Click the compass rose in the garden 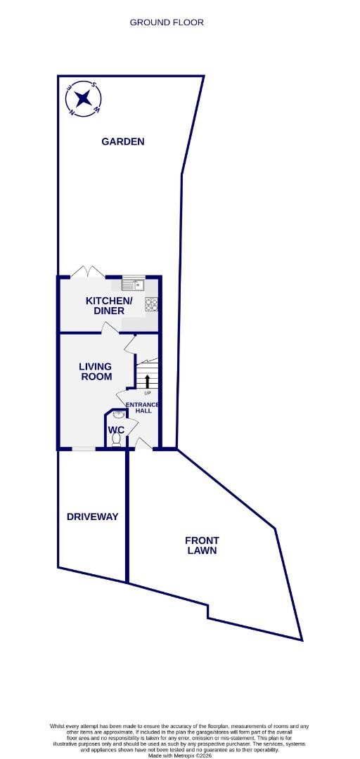click(84, 98)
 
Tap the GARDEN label click(123, 141)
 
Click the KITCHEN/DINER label click(105, 306)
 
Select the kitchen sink click(133, 285)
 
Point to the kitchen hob click(151, 304)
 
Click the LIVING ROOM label click(96, 371)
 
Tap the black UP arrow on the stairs click(148, 382)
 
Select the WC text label click(116, 429)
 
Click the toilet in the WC click(116, 441)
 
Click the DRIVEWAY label click(92, 517)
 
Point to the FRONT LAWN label click(202, 545)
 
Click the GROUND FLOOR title click(167, 22)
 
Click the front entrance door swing click(143, 443)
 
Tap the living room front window click(84, 448)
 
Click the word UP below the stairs click(148, 392)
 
